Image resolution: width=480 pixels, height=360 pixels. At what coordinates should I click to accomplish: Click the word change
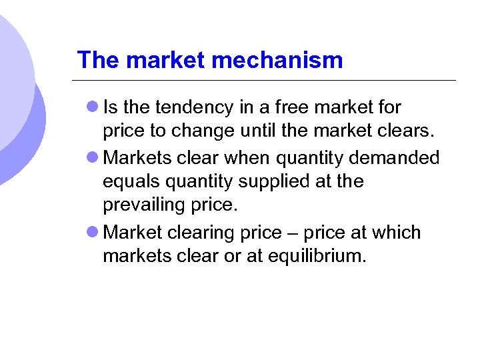[x=199, y=132]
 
